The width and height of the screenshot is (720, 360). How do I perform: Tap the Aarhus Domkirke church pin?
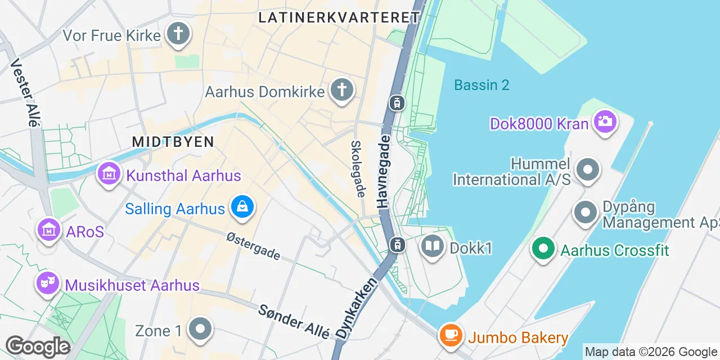pos(341,90)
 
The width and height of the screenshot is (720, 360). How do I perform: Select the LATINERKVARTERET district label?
pos(339,17)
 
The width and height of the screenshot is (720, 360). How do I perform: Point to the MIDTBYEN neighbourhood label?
pos(173,142)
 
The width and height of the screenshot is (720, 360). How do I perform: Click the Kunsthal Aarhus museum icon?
pos(109,174)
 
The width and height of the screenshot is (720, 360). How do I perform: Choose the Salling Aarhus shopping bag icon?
pos(242,208)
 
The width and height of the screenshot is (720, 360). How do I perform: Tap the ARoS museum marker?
pos(49,231)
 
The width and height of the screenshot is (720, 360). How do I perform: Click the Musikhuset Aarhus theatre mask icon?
pos(48,284)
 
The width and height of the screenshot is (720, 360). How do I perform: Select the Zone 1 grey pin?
pos(200,330)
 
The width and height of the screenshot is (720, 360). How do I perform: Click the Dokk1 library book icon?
pos(433,246)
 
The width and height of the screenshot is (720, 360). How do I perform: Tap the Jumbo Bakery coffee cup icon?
pos(451,336)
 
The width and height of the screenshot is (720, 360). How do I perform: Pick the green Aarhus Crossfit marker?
pos(543,249)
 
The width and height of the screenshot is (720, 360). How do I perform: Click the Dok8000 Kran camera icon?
pos(605,122)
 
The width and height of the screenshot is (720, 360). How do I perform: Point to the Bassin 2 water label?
pos(481,85)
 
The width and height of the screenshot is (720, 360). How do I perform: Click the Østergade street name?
pos(254,246)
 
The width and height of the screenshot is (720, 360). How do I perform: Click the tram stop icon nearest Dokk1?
pos(397,245)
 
